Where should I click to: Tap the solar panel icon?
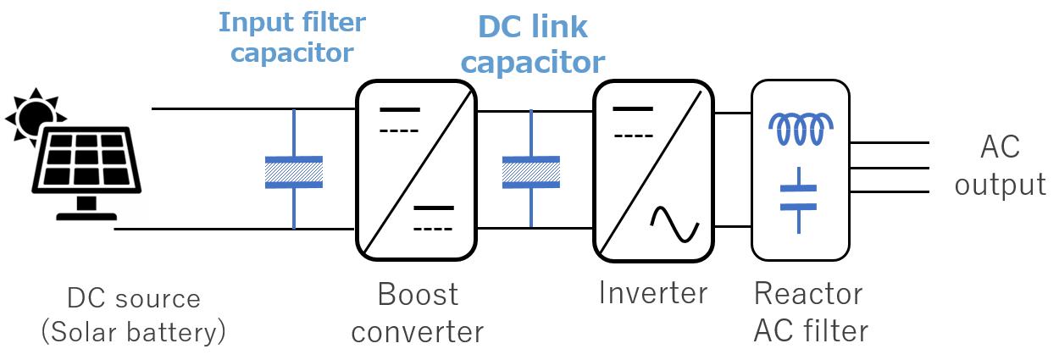click(x=85, y=165)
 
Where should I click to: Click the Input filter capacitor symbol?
click(x=293, y=171)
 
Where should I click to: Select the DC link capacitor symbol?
click(x=531, y=171)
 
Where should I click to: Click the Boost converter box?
click(x=415, y=169)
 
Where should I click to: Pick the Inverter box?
click(x=651, y=169)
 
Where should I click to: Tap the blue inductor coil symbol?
click(x=800, y=130)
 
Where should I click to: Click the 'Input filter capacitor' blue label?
click(x=292, y=37)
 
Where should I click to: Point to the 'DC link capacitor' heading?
click(x=532, y=44)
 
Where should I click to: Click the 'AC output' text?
click(x=1000, y=167)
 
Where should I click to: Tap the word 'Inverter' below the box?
click(x=652, y=293)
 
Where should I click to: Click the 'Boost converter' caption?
click(x=417, y=313)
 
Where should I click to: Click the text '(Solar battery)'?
click(x=134, y=332)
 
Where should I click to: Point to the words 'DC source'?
click(x=134, y=299)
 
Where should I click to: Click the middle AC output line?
click(x=890, y=168)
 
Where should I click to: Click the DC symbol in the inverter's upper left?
click(x=632, y=121)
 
